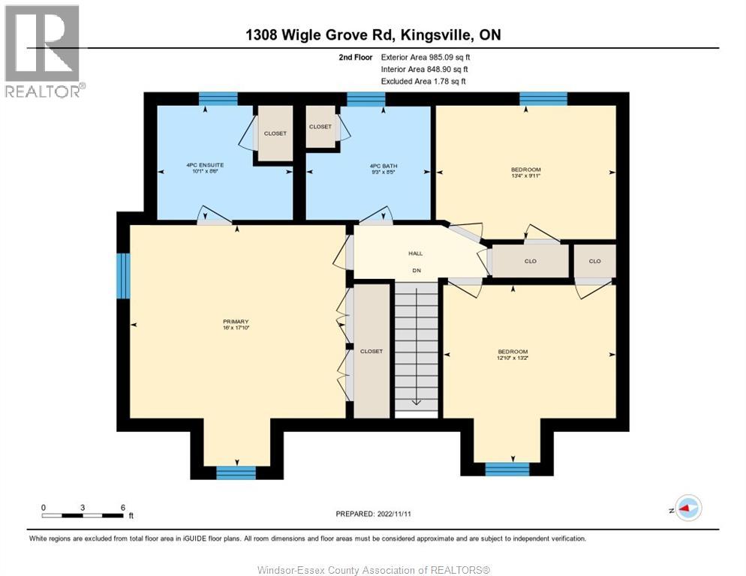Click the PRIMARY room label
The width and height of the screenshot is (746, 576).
click(236, 322)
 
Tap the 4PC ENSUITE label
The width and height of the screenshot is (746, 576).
click(205, 165)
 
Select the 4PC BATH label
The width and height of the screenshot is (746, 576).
click(384, 166)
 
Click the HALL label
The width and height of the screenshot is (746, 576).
click(415, 253)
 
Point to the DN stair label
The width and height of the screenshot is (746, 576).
click(417, 271)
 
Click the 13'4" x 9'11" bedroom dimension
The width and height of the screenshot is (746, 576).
click(525, 175)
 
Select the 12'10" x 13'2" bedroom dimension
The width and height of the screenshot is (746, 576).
click(513, 358)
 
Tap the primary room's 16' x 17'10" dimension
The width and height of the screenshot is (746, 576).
click(236, 328)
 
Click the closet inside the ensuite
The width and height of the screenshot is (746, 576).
click(275, 133)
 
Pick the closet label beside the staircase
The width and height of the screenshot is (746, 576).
click(371, 351)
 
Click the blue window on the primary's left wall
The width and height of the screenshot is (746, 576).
click(123, 276)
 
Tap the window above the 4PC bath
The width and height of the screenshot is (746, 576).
click(365, 99)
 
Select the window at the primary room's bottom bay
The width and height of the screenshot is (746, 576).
click(236, 472)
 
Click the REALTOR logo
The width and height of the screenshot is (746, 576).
click(44, 51)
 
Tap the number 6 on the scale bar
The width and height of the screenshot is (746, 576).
click(123, 508)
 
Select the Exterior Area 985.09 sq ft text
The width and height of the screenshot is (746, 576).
click(426, 57)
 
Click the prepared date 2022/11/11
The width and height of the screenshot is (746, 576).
click(394, 514)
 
